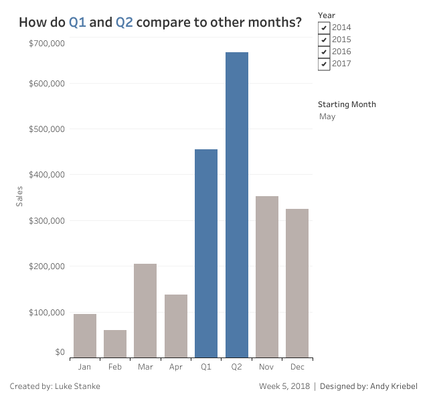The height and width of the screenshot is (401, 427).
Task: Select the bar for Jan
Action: coord(85,335)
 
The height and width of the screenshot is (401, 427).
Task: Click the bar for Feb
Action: coord(115,343)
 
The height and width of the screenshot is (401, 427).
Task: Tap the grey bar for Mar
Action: coord(145,311)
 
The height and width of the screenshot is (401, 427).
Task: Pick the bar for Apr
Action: coord(176,326)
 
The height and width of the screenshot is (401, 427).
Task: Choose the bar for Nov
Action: coord(267,276)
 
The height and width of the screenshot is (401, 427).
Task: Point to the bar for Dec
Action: coord(297,283)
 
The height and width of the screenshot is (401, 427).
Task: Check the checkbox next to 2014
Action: coord(324,27)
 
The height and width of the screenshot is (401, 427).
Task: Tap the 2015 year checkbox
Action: coord(324,39)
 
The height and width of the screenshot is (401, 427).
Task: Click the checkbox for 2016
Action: coord(324,52)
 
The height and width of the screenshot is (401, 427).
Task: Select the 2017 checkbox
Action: coord(324,64)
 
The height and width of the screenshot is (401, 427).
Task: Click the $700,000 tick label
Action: coord(47,44)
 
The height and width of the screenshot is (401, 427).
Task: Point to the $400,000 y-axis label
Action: coord(47,175)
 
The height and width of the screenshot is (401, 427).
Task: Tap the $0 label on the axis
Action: coord(60,352)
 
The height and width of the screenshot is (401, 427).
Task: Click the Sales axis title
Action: coord(19,196)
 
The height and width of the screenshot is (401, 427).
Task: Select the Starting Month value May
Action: coord(328,116)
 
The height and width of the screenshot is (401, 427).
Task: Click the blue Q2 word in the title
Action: coord(124,22)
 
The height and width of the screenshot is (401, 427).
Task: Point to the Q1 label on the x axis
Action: coord(206,367)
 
